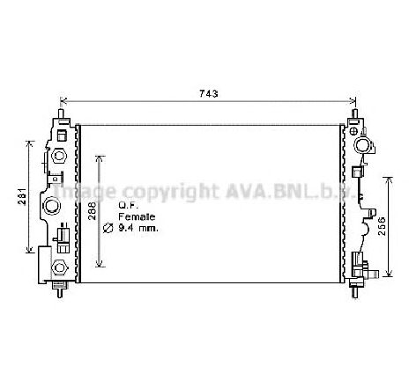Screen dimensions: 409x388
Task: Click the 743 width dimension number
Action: point(209,93)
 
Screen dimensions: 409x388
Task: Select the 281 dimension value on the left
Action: point(23,196)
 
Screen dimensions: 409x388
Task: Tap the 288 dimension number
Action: point(92,210)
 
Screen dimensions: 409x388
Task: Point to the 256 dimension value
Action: point(382,226)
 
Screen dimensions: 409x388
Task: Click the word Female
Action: point(137,216)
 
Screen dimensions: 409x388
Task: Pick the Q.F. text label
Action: point(128,205)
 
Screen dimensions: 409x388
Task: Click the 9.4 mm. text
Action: point(138,228)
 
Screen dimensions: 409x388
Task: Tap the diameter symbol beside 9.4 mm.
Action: point(108,228)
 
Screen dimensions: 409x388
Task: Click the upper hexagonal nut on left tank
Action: point(59,155)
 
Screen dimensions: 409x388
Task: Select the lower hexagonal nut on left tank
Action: point(60,267)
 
